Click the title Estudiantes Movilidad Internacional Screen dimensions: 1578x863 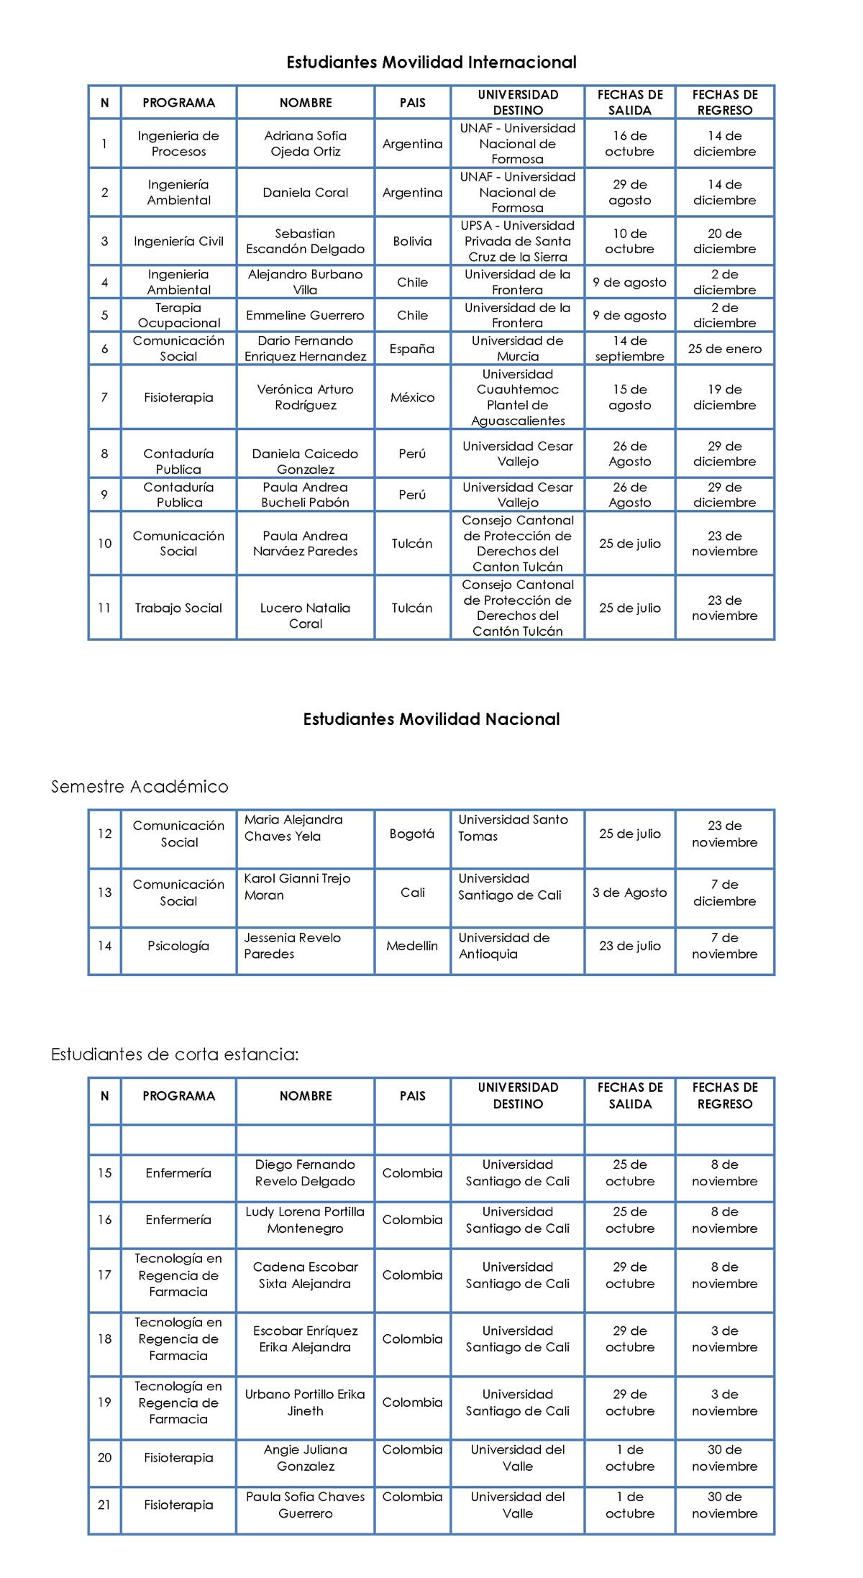click(x=431, y=63)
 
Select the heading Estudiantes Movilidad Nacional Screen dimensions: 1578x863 click(x=431, y=719)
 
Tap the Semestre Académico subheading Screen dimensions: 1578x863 click(x=140, y=787)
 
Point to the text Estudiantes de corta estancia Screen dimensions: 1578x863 click(x=174, y=1054)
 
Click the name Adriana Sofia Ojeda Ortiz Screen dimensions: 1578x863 click(x=305, y=144)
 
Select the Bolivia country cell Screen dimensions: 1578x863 click(x=412, y=242)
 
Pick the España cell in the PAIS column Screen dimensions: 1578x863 click(x=412, y=349)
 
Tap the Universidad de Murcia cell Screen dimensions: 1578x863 click(x=517, y=349)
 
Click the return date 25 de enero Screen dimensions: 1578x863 click(x=724, y=349)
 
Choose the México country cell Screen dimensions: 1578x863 click(x=412, y=397)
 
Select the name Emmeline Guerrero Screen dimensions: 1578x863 click(x=305, y=315)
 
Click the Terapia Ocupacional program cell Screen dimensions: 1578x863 click(x=178, y=315)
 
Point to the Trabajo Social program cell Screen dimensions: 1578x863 click(x=178, y=608)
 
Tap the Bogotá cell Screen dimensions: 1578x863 click(x=412, y=834)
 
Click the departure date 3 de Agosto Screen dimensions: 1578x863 click(x=629, y=893)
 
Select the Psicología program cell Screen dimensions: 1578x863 click(x=178, y=946)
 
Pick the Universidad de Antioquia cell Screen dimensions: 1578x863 click(x=503, y=946)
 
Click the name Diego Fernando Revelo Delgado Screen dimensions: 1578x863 click(x=305, y=1173)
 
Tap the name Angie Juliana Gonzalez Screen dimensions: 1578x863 click(x=305, y=1458)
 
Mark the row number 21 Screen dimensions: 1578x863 click(x=104, y=1505)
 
